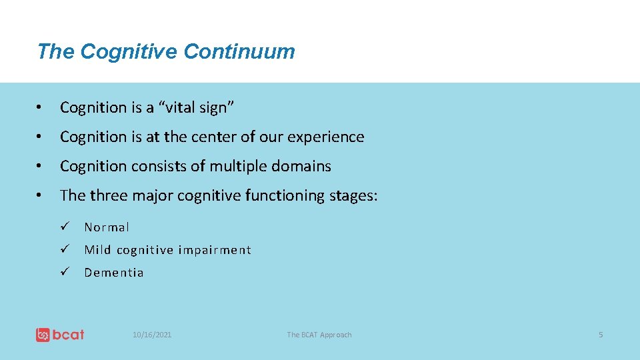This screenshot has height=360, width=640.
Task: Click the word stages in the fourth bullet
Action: [x=353, y=195]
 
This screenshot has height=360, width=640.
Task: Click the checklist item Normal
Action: [x=107, y=227]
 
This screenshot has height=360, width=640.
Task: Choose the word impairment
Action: [x=215, y=250]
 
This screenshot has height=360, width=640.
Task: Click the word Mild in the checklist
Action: [x=97, y=250]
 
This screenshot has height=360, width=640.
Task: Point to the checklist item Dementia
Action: [x=114, y=273]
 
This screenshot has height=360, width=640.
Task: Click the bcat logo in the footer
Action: [x=60, y=335]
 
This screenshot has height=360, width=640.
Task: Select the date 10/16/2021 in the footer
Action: [x=152, y=335]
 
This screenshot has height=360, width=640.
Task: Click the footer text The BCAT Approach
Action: [x=319, y=335]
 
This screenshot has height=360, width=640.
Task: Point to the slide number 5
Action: [x=600, y=335]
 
